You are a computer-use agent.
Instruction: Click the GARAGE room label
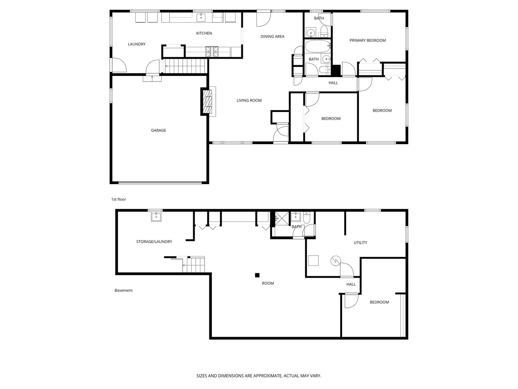pyautogui.click(x=158, y=130)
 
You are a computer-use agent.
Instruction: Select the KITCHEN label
pyautogui.click(x=204, y=33)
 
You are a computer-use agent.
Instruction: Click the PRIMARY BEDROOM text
pyautogui.click(x=367, y=40)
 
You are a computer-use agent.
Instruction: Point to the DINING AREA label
pyautogui.click(x=272, y=36)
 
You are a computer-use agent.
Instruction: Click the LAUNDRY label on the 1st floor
pyautogui.click(x=137, y=44)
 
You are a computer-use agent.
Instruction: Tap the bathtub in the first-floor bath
pyautogui.click(x=317, y=46)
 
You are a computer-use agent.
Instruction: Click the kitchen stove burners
pyautogui.click(x=212, y=52)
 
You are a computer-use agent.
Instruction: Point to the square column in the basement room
pyautogui.click(x=257, y=276)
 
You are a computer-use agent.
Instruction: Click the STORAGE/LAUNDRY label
pyautogui.click(x=154, y=242)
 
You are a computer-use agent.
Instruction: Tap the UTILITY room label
pyautogui.click(x=360, y=243)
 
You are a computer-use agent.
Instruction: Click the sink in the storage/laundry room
pyautogui.click(x=156, y=216)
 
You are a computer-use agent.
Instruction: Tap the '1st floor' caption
pyautogui.click(x=119, y=199)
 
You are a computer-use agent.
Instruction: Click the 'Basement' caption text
pyautogui.click(x=123, y=290)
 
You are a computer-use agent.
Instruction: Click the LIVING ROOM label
pyautogui.click(x=249, y=100)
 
